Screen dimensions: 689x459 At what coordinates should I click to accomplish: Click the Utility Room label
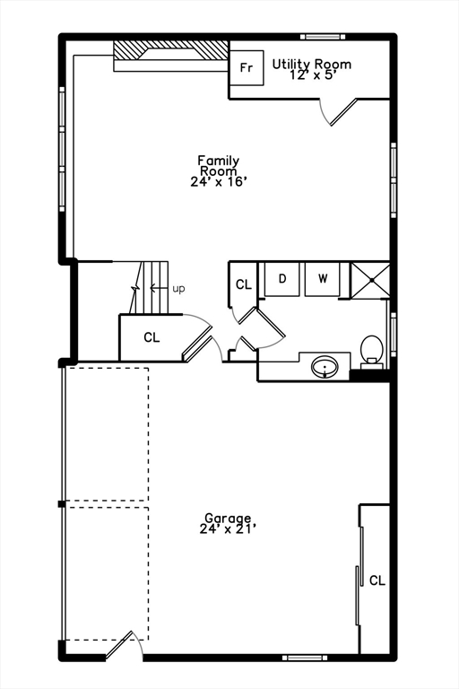tap(312, 65)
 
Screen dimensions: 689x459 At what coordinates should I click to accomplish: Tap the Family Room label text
tap(219, 166)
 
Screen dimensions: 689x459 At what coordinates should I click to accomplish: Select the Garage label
tap(228, 519)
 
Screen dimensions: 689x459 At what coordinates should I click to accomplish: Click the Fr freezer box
tap(247, 68)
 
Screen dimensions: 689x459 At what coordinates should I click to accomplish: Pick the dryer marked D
tap(282, 278)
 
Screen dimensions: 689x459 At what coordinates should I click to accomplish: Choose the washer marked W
tap(323, 278)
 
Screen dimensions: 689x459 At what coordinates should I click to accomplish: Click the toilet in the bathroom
tap(371, 349)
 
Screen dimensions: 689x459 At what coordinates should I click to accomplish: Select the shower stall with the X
tap(369, 278)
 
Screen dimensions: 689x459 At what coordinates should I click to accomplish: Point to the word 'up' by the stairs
tap(179, 289)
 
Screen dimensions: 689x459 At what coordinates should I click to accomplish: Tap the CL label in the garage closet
tap(377, 580)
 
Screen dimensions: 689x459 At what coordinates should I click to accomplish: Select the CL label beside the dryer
tap(244, 285)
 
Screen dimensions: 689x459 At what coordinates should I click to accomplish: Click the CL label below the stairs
tap(152, 338)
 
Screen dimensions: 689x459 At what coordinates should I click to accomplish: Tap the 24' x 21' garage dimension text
tap(228, 529)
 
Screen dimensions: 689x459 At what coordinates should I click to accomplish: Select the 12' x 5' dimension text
tap(312, 75)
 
